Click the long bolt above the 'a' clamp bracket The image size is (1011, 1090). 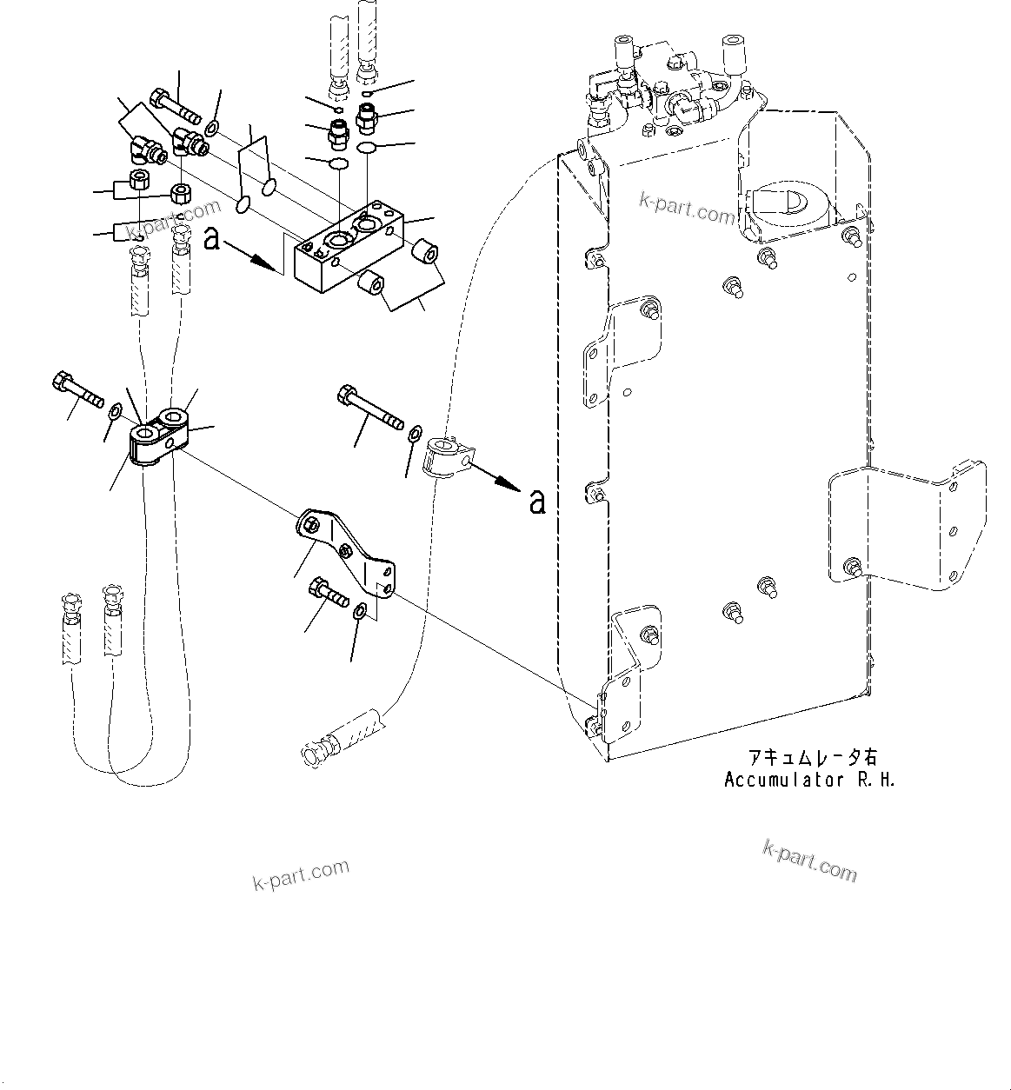(x=369, y=409)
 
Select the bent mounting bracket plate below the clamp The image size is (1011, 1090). (x=348, y=551)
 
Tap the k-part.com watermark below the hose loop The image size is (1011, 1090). (x=301, y=874)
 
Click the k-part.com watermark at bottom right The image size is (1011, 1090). (x=809, y=860)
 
